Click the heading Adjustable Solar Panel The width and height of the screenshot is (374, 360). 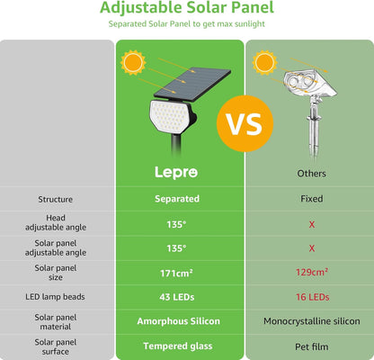[186, 9]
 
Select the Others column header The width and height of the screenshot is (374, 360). [311, 172]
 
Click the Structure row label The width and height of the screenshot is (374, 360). [56, 199]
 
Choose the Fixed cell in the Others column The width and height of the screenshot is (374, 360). [311, 199]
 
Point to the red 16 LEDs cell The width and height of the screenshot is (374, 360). [311, 296]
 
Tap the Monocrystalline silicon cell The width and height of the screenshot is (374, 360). [311, 320]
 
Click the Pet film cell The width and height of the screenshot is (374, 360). [311, 346]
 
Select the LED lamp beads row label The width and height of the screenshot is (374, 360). [56, 296]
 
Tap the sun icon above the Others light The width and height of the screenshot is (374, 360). [263, 62]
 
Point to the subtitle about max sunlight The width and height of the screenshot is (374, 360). [186, 25]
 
